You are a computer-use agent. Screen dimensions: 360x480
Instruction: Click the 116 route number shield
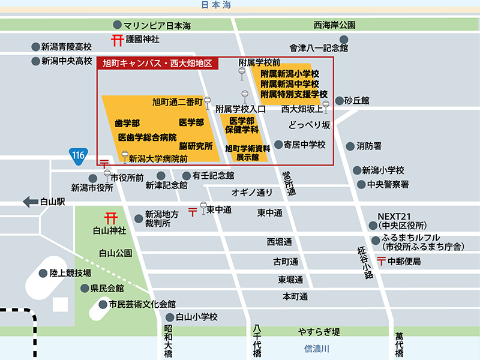[x=78, y=154]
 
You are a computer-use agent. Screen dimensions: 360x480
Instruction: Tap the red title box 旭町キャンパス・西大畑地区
[x=158, y=62]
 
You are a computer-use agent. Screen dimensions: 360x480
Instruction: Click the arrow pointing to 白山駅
[x=30, y=202]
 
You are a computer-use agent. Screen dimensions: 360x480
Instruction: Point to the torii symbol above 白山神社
[x=110, y=218]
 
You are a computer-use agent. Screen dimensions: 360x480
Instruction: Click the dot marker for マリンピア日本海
[x=117, y=25]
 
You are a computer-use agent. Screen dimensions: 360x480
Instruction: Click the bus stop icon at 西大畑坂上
[x=326, y=106]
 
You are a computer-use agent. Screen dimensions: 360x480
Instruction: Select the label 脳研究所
[x=196, y=146]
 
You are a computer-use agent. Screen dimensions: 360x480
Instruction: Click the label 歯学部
[x=127, y=122]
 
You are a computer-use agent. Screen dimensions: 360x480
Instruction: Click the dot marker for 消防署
[x=350, y=146]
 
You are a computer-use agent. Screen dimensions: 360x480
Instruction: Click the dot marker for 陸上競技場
[x=43, y=273]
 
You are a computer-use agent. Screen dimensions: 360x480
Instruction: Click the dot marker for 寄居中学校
[x=278, y=145]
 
